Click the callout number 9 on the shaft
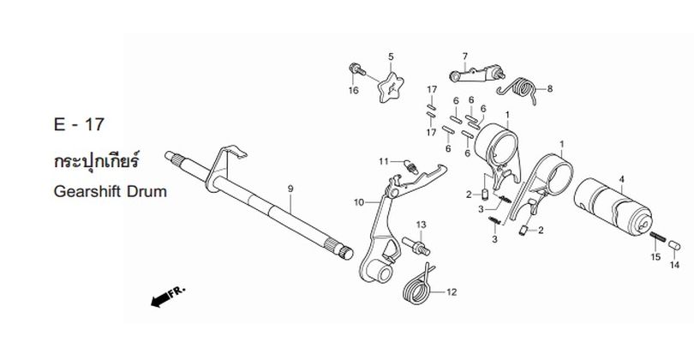[290, 189]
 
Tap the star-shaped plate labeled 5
[391, 87]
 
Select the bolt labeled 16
[356, 69]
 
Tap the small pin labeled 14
[674, 245]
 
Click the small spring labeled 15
[658, 237]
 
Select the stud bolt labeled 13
[416, 246]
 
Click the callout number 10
[358, 202]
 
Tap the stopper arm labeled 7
[477, 74]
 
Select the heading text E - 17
[79, 124]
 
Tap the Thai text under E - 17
[96, 160]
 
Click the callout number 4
[621, 179]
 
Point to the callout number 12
[452, 292]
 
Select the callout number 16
[353, 90]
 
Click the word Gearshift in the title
[87, 192]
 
